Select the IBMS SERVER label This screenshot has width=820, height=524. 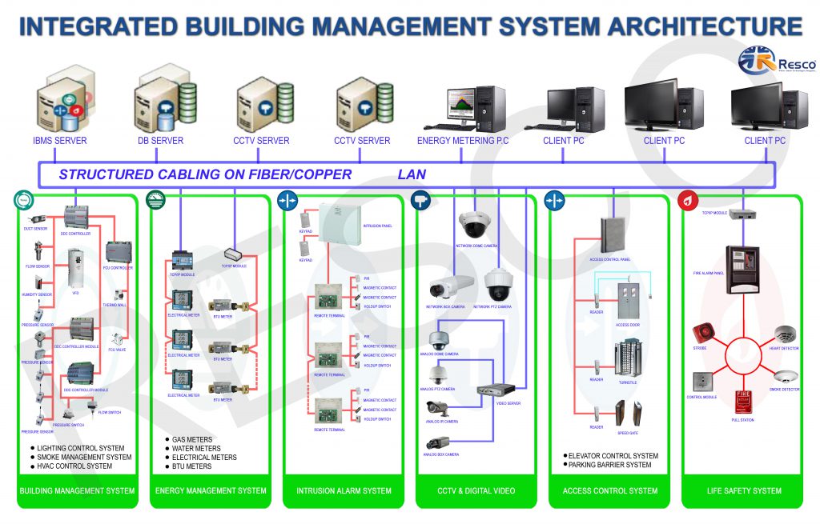pos(60,141)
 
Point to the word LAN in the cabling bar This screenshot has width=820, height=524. pos(412,174)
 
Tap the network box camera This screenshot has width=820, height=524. pos(445,286)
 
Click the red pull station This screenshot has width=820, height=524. pos(744,400)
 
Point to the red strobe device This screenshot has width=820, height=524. pos(703,332)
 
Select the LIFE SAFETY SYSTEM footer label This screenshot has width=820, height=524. pos(744,490)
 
